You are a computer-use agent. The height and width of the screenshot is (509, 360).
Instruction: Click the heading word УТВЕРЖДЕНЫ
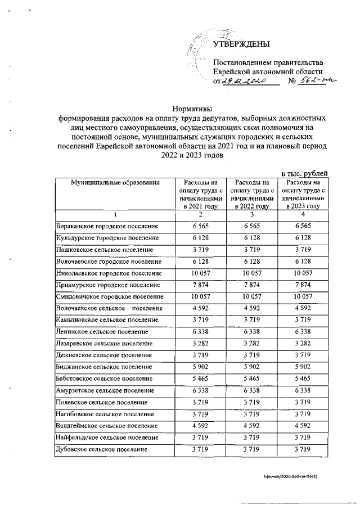click(241, 44)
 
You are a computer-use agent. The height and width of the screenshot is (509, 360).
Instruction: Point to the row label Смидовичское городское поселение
click(110, 296)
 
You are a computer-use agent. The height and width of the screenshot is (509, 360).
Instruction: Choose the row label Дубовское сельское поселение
click(101, 449)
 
